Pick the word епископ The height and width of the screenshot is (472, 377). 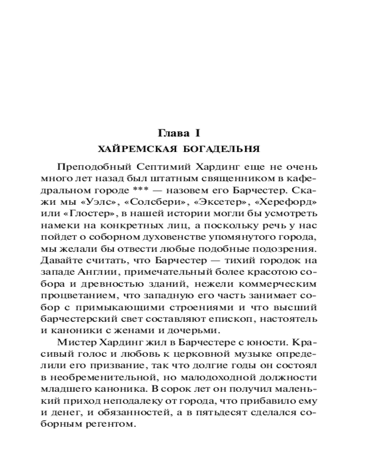pyautogui.click(x=240, y=320)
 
